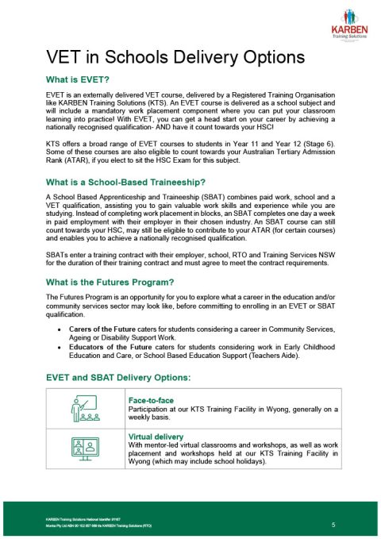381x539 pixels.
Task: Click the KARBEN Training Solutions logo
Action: pyautogui.click(x=348, y=21)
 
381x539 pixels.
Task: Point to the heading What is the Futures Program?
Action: pyautogui.click(x=110, y=282)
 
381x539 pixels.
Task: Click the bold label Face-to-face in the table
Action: pyautogui.click(x=150, y=400)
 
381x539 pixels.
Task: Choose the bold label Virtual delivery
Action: pyautogui.click(x=156, y=437)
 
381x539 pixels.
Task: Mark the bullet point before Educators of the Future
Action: pyautogui.click(x=63, y=348)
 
